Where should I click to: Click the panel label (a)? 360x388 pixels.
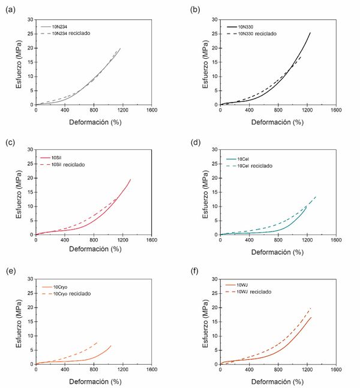10,9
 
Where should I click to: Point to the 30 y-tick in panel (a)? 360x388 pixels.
29,19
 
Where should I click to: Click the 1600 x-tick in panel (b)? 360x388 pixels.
337,111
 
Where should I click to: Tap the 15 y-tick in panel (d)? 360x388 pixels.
214,192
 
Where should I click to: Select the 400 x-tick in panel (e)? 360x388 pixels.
65,370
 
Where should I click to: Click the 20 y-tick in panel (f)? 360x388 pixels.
214,307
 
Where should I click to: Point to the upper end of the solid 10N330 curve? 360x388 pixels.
310,32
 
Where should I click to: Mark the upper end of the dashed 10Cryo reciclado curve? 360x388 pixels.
97,342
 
